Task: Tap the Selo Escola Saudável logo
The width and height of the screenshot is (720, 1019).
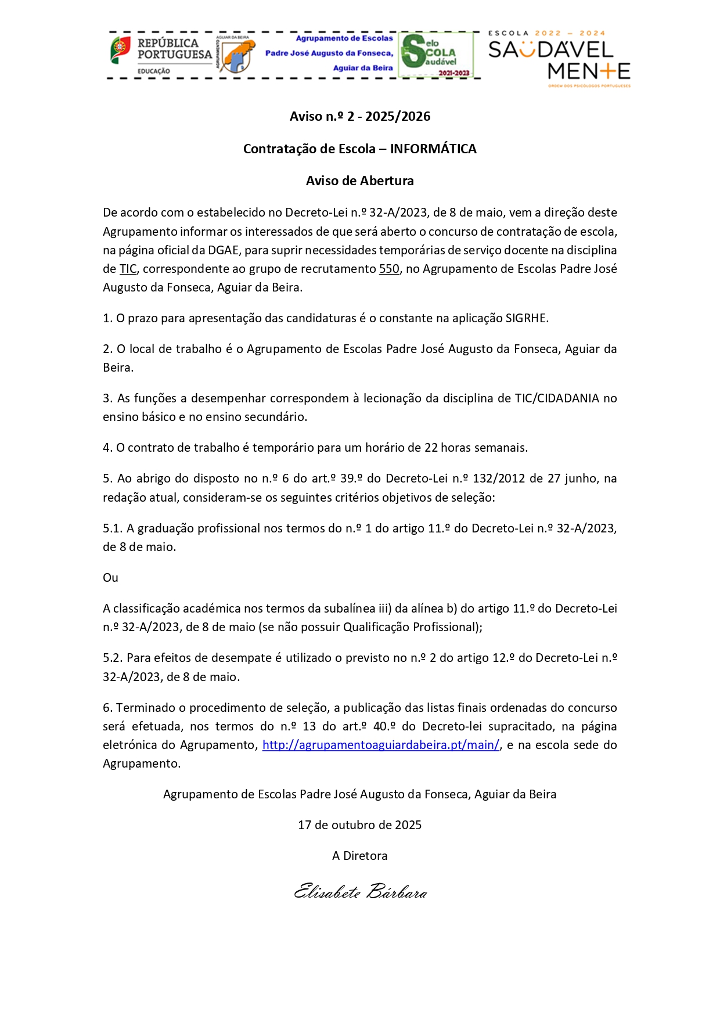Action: pyautogui.click(x=435, y=56)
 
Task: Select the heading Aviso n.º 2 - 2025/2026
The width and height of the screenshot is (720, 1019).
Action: pyautogui.click(x=360, y=116)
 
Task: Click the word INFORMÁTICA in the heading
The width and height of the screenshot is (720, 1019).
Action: pyautogui.click(x=433, y=149)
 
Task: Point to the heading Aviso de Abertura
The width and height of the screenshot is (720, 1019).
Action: pyautogui.click(x=360, y=181)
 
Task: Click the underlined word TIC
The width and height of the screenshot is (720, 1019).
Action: pyautogui.click(x=128, y=269)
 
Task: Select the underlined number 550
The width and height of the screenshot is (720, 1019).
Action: pyautogui.click(x=389, y=269)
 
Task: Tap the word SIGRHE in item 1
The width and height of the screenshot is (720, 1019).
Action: pyautogui.click(x=526, y=318)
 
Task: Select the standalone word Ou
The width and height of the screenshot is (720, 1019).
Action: pyautogui.click(x=110, y=578)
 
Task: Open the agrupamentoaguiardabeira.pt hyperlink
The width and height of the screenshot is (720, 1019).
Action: pyautogui.click(x=380, y=745)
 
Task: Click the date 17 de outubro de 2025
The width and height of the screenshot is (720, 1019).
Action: pyautogui.click(x=360, y=825)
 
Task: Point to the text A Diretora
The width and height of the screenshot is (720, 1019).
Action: pyautogui.click(x=360, y=856)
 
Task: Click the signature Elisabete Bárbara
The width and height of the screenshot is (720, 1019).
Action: pyautogui.click(x=360, y=892)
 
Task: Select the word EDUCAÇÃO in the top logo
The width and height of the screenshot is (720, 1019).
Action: pyautogui.click(x=153, y=71)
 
